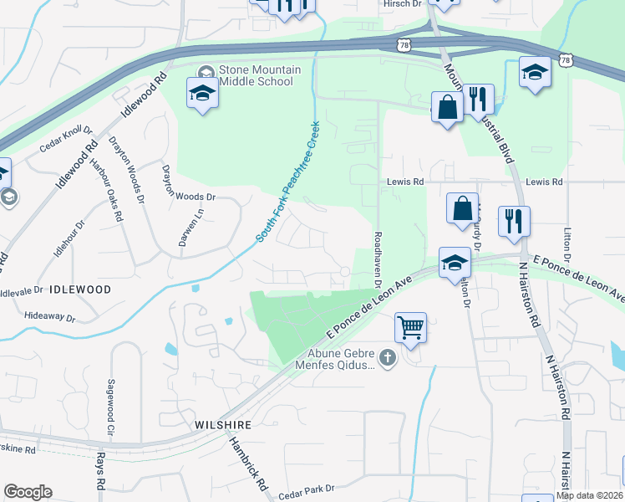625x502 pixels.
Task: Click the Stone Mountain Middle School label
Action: coord(256,75)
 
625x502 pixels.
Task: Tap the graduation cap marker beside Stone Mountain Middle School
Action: coord(201,93)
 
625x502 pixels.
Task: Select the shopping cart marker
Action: coord(410,327)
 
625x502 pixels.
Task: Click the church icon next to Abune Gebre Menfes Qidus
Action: coord(386,359)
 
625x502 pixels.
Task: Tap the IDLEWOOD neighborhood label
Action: coord(80,289)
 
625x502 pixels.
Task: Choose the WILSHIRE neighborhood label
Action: coord(223,425)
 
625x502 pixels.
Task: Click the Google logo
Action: coord(28,492)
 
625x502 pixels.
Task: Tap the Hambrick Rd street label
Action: coord(248,466)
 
